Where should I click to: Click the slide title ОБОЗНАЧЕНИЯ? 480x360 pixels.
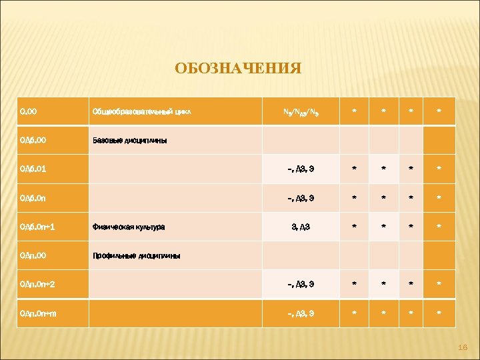point(238,69)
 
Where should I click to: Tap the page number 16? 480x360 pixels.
point(465,348)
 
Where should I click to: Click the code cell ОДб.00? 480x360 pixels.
point(33,141)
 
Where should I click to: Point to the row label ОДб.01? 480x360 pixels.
point(33,169)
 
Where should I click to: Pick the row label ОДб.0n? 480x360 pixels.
point(33,198)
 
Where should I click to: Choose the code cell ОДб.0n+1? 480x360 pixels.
point(37,227)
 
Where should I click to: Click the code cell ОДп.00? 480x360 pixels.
point(33,255)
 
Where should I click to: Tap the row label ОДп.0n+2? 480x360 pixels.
point(37,284)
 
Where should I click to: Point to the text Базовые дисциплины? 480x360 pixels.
point(129,141)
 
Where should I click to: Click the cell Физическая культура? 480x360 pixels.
point(129,227)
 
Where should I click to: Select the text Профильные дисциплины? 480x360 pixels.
point(135,255)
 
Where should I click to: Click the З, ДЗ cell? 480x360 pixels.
point(300,227)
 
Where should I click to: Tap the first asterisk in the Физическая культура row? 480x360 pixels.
point(355,227)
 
